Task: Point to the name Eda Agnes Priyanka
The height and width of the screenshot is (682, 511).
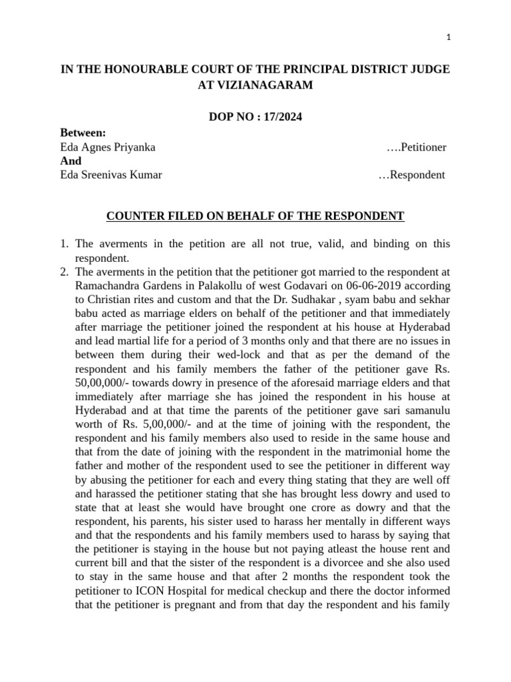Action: [x=108, y=147]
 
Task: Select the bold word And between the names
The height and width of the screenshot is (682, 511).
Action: [x=71, y=161]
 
